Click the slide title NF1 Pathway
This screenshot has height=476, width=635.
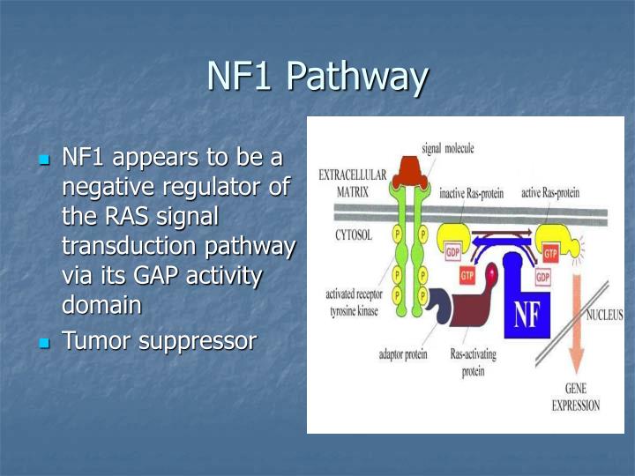tap(317, 76)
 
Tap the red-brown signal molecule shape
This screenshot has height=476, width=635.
tap(409, 172)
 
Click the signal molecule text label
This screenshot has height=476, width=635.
tap(447, 148)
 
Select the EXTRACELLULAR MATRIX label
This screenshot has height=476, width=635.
tap(352, 182)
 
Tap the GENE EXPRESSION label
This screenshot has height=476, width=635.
tap(576, 398)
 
